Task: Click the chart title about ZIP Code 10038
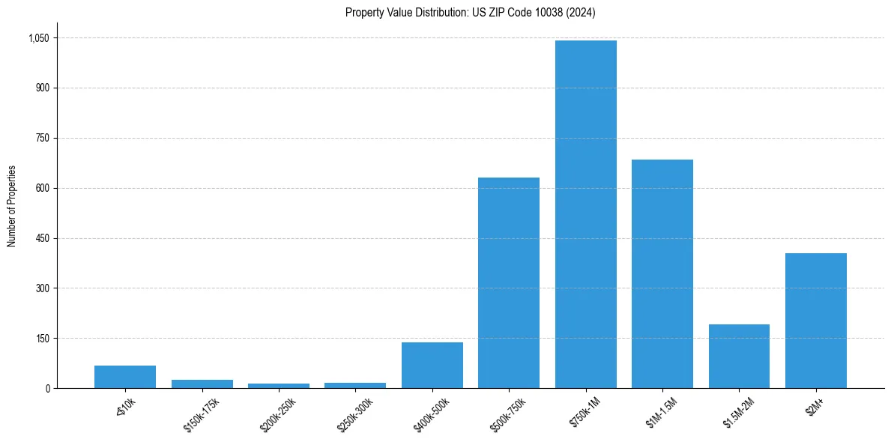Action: (470, 12)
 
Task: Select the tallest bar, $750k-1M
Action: (585, 214)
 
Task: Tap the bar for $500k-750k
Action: (509, 282)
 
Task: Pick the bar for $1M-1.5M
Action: (662, 273)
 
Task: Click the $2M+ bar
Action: (815, 321)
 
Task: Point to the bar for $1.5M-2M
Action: (739, 356)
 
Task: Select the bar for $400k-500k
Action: (432, 365)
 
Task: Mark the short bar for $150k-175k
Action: (202, 384)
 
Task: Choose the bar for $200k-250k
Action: (279, 386)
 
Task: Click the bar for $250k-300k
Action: (355, 385)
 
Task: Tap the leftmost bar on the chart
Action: (125, 377)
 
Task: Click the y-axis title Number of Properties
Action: (12, 206)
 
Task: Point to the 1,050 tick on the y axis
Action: (38, 38)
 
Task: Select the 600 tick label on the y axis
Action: (42, 188)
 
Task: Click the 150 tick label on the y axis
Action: (42, 338)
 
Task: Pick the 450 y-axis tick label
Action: (42, 238)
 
